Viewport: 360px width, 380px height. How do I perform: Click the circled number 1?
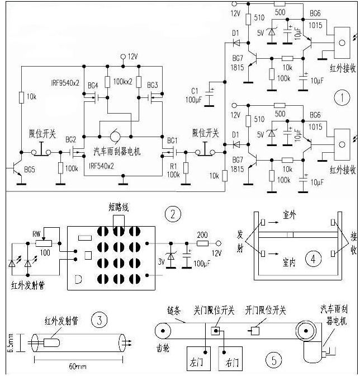coord(342,98)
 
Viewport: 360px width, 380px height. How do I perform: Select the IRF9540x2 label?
coord(65,82)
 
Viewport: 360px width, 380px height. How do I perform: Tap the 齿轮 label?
coord(162,347)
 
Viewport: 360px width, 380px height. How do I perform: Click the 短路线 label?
coord(119,208)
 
